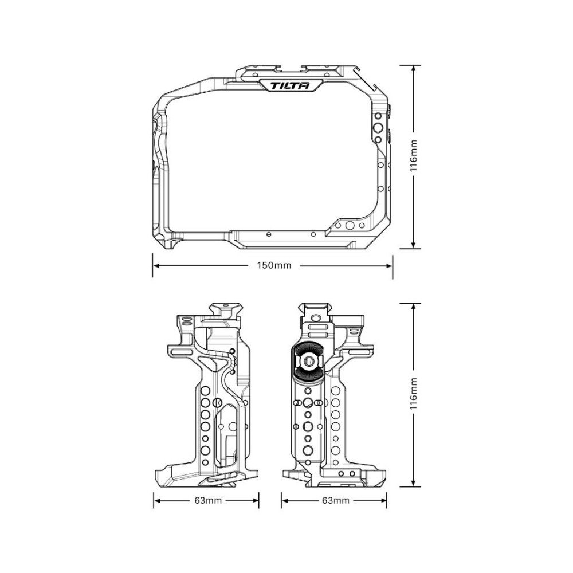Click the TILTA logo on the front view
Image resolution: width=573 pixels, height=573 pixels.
290,86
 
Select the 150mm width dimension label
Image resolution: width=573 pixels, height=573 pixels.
274,266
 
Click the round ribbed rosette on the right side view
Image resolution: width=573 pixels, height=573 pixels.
308,362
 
